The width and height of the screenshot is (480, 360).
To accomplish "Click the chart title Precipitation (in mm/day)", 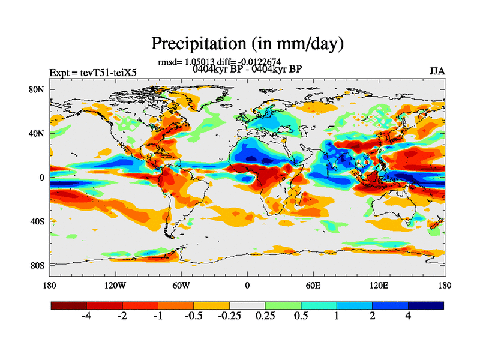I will pyautogui.click(x=247, y=43).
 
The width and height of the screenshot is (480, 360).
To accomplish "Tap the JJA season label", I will pyautogui.click(x=437, y=71).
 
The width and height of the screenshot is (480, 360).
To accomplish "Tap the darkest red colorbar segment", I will pyautogui.click(x=69, y=305).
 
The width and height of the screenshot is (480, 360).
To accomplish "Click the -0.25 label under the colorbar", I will pyautogui.click(x=228, y=317).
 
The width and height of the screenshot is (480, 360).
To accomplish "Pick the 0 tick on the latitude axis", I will pyautogui.click(x=42, y=178).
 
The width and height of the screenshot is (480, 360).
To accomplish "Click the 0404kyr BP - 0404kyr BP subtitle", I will pyautogui.click(x=247, y=69).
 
